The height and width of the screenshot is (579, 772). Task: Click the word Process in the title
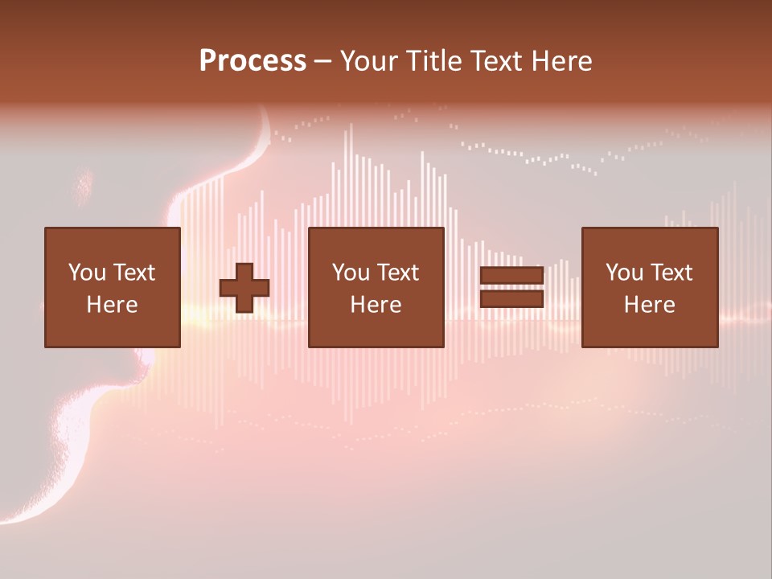pos(253,61)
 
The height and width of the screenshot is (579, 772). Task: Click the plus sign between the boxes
pos(244,287)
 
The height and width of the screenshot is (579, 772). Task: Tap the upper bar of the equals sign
pos(511,276)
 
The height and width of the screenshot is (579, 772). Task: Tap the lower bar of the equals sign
pos(511,299)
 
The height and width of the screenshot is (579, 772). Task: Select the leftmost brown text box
pos(113,287)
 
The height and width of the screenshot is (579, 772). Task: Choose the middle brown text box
pos(376,287)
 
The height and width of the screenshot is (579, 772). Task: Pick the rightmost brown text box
pos(650,287)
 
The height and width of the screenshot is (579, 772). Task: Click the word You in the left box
pos(86,273)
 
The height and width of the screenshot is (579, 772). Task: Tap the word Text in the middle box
pos(398,273)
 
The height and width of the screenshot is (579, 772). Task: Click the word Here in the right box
pos(650,305)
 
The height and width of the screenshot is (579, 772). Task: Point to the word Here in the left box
pos(113,305)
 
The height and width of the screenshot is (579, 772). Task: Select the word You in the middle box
pos(350,273)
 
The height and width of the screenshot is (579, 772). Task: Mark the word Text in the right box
pos(671,273)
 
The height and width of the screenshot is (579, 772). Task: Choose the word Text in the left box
pos(134,273)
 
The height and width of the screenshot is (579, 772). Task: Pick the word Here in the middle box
pos(376,305)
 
